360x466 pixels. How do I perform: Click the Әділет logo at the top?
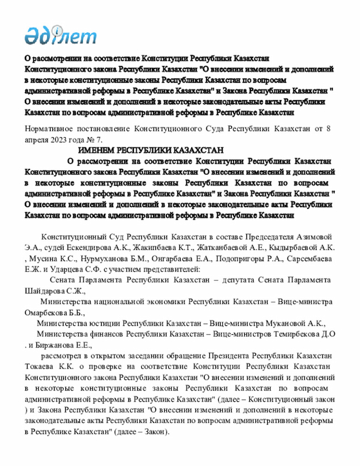coord(60,35)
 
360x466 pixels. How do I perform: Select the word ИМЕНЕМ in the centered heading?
coord(96,150)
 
